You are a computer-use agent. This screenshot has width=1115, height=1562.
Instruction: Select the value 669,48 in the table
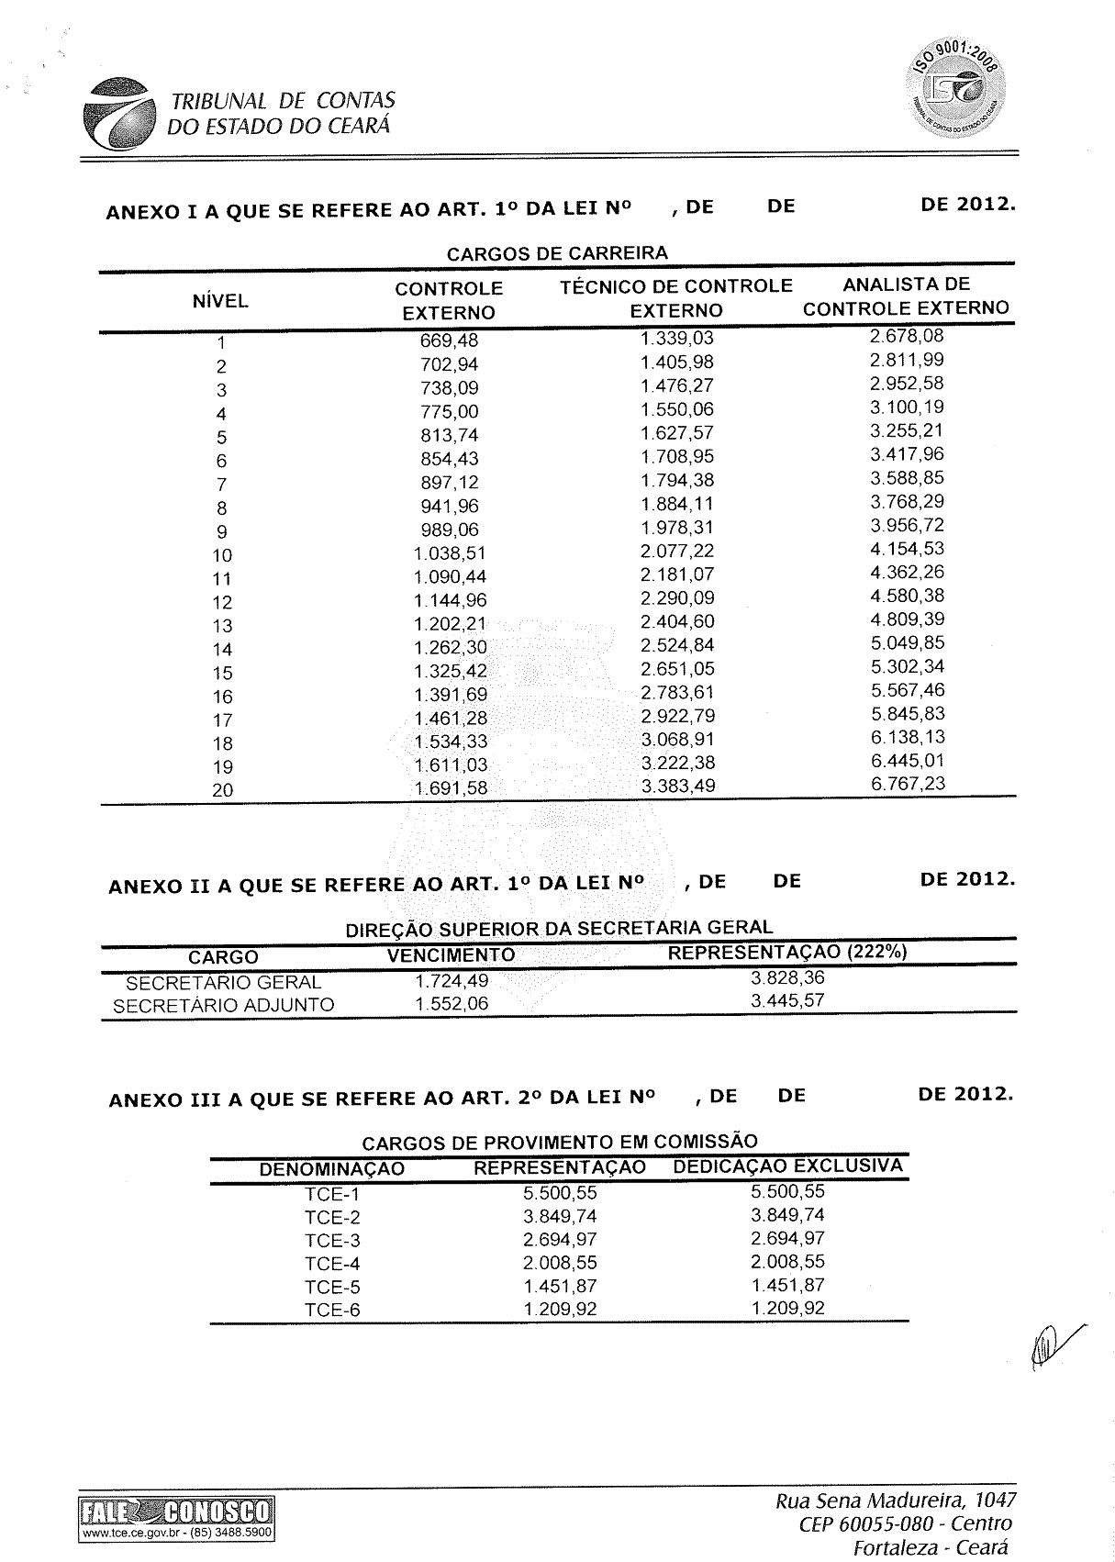pos(449,341)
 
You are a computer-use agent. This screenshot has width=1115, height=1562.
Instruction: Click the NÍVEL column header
pos(220,301)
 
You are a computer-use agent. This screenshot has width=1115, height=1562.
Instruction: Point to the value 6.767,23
pos(907,784)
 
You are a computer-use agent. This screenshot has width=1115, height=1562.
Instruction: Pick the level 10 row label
pos(222,555)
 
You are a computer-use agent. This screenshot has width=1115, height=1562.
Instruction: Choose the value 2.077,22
pos(677,551)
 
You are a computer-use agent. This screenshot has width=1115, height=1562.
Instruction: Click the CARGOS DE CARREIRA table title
pos(557,253)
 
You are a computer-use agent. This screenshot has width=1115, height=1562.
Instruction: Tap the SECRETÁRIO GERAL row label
pos(223,982)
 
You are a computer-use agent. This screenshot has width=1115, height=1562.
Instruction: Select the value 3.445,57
pos(787,1001)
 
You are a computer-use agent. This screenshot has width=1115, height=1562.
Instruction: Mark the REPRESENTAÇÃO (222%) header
pos(787,953)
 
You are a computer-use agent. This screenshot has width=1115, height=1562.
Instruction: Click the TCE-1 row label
pos(332,1194)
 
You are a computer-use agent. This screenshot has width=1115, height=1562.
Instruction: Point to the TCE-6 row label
pos(332,1310)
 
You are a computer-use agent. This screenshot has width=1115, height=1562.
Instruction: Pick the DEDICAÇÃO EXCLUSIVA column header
pos(787,1166)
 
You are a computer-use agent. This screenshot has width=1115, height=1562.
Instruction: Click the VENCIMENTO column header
pos(451,955)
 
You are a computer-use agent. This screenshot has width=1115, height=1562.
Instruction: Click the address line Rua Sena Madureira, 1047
pos(896,1501)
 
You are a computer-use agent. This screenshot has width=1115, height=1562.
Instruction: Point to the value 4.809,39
pos(907,619)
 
